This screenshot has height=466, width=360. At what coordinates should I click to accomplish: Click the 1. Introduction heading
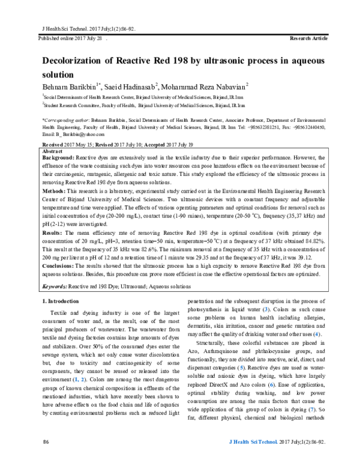[x=63, y=300]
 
